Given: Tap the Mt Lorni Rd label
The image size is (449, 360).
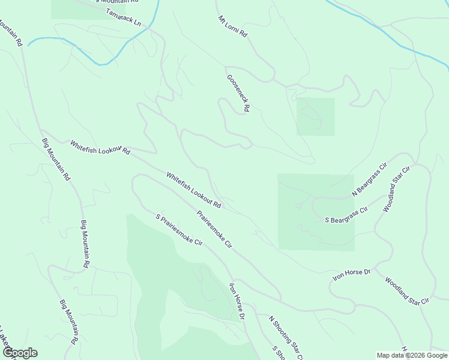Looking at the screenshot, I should coord(232,27).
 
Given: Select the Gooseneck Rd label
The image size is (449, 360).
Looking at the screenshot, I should coord(238,94).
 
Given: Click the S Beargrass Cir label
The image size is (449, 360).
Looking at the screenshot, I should coord(346,216).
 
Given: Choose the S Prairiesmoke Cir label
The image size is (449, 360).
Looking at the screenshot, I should coord(179,229).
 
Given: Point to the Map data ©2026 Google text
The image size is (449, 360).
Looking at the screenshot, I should coord(411,355).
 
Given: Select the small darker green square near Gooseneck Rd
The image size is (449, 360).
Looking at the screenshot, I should coord(315,116).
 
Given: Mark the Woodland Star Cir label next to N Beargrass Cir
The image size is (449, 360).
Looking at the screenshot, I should coord(397,189).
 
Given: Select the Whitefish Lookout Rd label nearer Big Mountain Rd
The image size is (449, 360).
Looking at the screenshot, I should coord(100,148).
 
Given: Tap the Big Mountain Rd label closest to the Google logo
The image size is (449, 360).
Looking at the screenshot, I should coord(70,322).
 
